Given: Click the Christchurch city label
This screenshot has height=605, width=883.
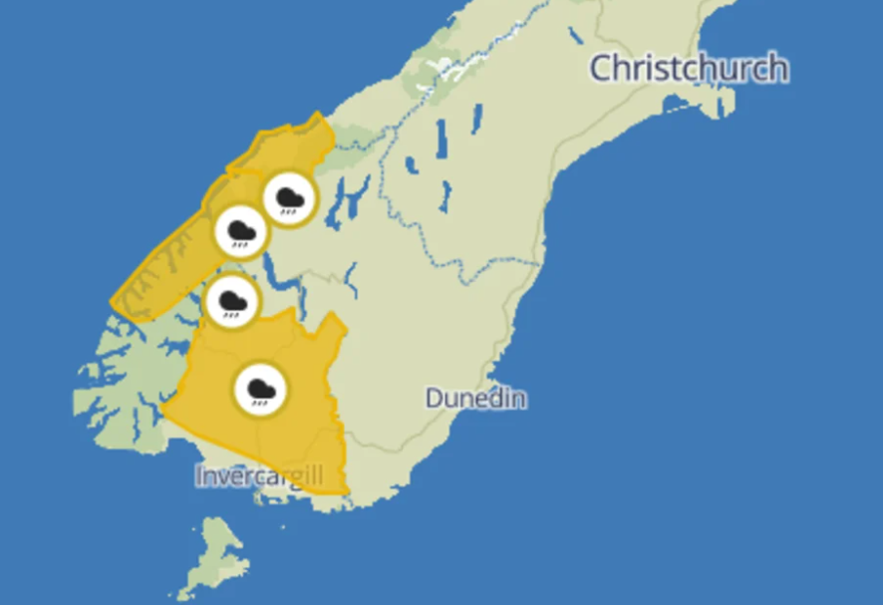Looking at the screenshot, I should click(x=689, y=69).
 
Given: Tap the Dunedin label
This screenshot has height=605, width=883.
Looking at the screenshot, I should click(x=475, y=399).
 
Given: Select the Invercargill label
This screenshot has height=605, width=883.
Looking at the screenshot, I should click(x=259, y=476).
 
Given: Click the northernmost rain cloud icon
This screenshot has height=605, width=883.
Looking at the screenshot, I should click(x=290, y=199).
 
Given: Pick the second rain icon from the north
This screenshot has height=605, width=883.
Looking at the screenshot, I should click(x=241, y=232).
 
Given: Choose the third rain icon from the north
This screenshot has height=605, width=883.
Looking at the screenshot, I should click(x=232, y=301).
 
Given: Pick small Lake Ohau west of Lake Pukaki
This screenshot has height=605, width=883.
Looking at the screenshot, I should click(x=412, y=164).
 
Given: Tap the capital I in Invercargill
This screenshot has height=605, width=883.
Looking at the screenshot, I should click(x=200, y=476).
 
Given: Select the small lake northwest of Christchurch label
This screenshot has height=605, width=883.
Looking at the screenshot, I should click(x=575, y=35).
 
